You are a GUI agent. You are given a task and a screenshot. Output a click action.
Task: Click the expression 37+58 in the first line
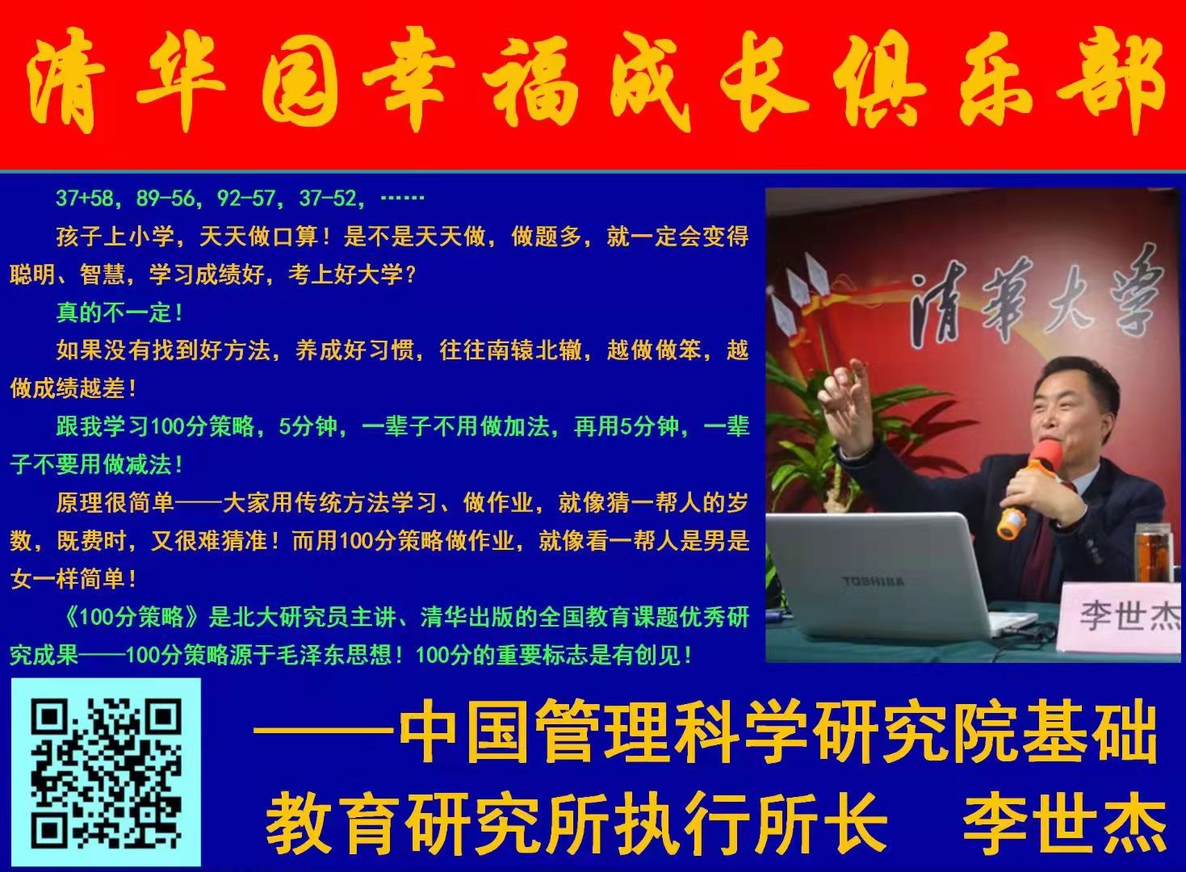pyautogui.click(x=85, y=198)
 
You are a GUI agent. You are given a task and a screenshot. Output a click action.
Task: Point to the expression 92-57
pyautogui.click(x=245, y=198)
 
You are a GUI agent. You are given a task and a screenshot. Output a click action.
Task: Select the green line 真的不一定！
pyautogui.click(x=120, y=312)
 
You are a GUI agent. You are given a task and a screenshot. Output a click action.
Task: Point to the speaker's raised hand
pyautogui.click(x=847, y=402)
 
